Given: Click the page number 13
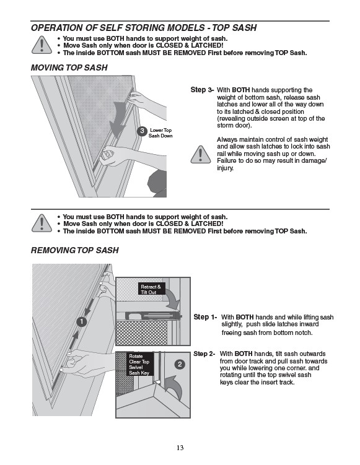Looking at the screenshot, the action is [180, 448].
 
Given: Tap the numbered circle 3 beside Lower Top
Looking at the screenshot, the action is [142, 131].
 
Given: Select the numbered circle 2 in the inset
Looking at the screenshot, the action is [180, 364].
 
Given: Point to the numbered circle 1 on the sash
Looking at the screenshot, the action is [82, 321].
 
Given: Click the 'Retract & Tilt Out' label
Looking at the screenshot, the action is [151, 289].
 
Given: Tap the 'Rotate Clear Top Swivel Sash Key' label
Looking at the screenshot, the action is [140, 364].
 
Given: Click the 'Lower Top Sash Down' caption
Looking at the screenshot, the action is [160, 133].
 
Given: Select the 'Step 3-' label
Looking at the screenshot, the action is [202, 90].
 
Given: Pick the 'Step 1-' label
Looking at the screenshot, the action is [205, 317].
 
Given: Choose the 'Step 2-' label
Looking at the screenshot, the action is [204, 354].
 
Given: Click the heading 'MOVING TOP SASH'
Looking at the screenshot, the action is [69, 67].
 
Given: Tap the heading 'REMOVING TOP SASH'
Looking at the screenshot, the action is [75, 250].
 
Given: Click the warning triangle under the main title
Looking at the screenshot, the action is [42, 45].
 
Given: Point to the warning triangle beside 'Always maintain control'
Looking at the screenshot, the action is [201, 155].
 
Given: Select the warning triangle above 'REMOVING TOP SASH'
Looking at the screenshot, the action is [42, 223].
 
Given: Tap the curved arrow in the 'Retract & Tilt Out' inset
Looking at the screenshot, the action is [173, 300].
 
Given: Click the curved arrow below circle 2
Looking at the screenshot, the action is [173, 387].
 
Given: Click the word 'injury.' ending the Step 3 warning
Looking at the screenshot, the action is [226, 168].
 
